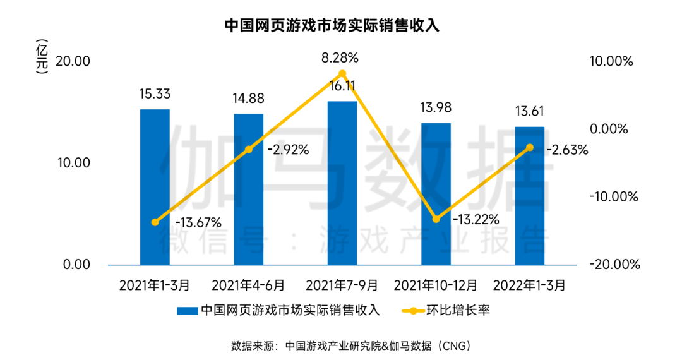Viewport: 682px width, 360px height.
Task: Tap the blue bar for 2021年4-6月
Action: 248,189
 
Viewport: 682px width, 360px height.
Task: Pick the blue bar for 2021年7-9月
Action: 342,183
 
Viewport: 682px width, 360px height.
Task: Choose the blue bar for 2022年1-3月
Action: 529,196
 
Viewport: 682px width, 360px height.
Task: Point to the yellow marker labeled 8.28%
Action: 342,75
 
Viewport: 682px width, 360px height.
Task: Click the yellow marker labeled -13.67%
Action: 155,222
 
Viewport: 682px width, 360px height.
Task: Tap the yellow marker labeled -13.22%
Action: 436,219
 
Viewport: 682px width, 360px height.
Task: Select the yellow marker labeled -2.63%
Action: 529,148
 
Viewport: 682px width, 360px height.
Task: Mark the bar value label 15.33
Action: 155,94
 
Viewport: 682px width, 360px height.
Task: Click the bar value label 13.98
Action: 436,108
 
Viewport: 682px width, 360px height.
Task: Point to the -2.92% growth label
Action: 287,150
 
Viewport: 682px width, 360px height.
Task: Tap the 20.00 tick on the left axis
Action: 75,61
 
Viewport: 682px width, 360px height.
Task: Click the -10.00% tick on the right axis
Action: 610,196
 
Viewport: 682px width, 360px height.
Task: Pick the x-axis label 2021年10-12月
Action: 436,285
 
